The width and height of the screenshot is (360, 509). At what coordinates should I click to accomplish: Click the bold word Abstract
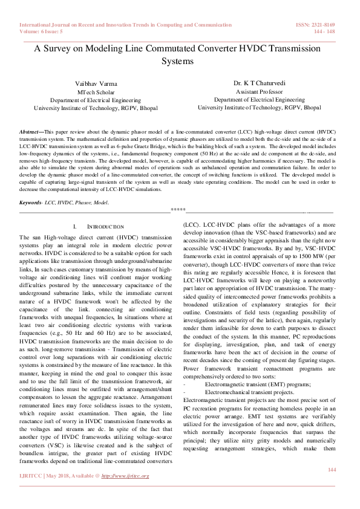coord(28,131)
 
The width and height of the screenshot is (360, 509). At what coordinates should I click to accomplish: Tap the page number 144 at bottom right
coord(331,469)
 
